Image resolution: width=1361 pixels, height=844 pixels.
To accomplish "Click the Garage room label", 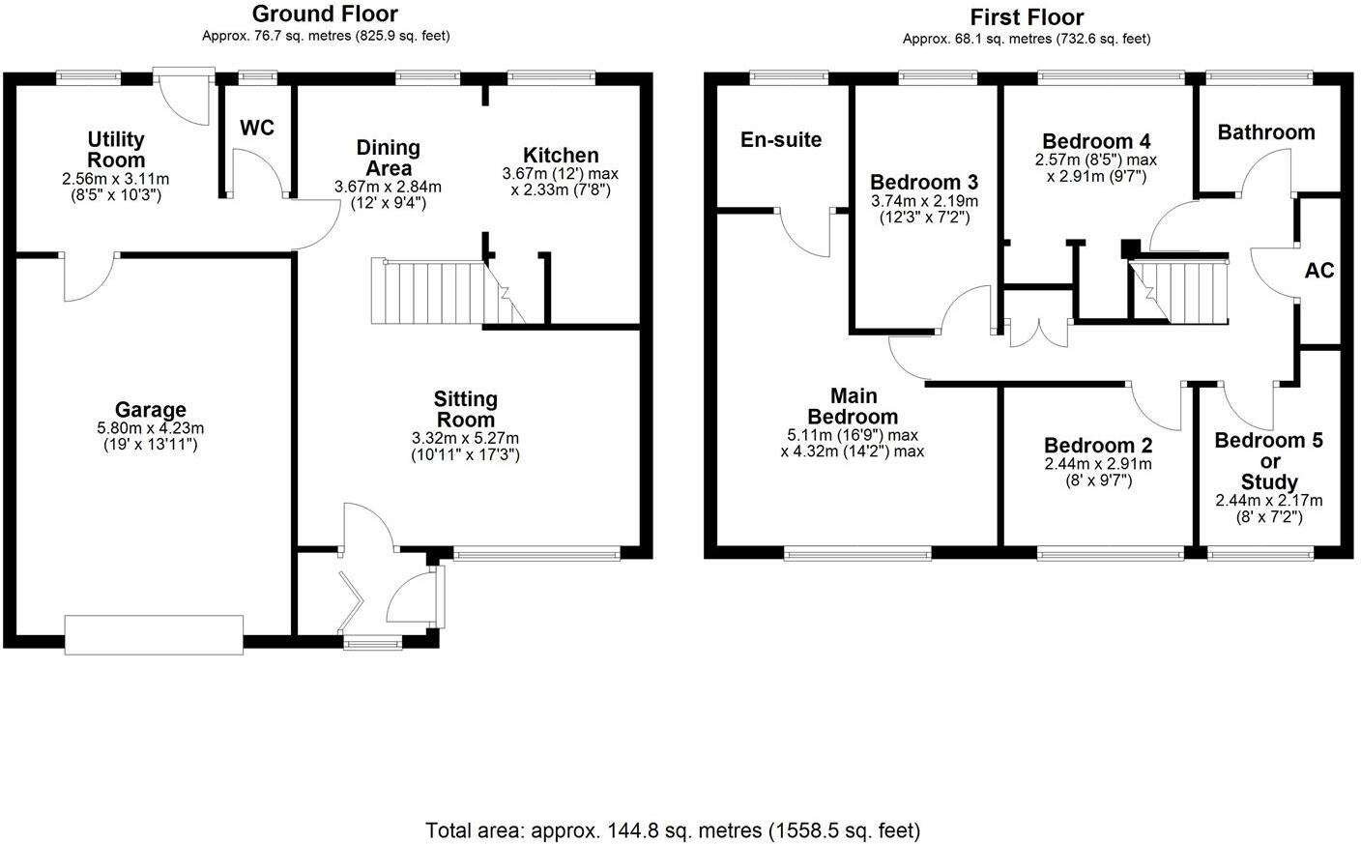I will pos(150,410).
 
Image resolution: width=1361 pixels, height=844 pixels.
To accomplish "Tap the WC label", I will pos(257,128).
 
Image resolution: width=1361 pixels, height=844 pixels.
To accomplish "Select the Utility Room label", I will pos(116,150).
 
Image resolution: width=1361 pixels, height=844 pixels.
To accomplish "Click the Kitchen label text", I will pos(561,155).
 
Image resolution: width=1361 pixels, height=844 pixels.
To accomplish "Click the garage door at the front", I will pos(154,635).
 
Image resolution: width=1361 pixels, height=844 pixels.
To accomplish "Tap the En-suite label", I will pos(781,139).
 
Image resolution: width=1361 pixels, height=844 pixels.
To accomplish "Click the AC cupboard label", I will pos(1318,270).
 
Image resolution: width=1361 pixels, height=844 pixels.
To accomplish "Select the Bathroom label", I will pos(1265,132).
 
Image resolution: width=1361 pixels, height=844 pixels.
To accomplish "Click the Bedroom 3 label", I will pos(924,182).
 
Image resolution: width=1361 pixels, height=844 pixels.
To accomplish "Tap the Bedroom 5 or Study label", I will pos(1268,461).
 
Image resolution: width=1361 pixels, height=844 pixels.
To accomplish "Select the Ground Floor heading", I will pos(325,14).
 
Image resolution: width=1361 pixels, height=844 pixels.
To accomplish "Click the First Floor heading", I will pos(1027,16).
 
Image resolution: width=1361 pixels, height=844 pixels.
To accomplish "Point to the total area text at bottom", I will pos(673,829).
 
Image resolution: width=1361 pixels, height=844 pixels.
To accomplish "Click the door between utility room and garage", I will pos(90,275).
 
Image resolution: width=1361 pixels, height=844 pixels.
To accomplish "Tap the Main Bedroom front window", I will pos(857,553).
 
